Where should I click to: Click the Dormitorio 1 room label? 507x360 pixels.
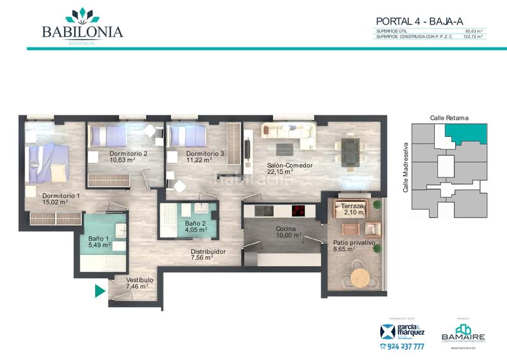tap(61, 196)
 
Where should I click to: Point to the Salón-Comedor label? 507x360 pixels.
tap(290, 165)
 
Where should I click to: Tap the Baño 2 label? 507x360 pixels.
tap(195, 223)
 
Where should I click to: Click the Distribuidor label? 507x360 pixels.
tap(209, 252)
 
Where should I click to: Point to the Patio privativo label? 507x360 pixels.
tap(354, 243)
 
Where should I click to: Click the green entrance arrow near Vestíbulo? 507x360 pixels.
tap(99, 291)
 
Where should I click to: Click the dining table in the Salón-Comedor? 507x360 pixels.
tap(349, 150)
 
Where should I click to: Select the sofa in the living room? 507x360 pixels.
tap(288, 131)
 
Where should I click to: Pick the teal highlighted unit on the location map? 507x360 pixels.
tap(467, 134)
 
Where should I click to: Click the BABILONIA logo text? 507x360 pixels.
tap(82, 32)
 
